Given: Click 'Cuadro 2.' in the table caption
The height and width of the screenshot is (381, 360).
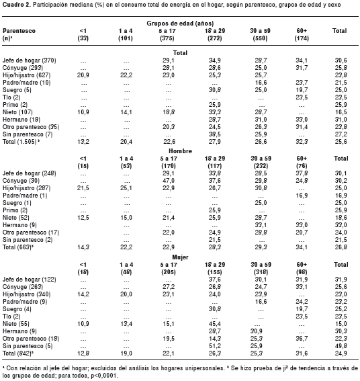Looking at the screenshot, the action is tap(17, 5).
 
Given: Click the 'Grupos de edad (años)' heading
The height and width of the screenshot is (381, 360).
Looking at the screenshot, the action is tap(180, 24).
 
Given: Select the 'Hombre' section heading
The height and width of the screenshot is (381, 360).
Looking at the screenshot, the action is tap(180, 151).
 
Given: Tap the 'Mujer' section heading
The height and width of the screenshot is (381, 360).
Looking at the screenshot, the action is tap(180, 257).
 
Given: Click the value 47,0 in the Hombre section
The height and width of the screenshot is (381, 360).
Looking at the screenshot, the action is tap(169, 181).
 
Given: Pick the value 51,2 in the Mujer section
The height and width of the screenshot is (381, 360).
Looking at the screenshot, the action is tap(214, 346).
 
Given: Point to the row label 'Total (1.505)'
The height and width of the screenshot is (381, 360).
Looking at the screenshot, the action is tap(19, 141).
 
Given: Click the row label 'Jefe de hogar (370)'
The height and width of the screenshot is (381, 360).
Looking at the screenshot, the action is tap(29, 60).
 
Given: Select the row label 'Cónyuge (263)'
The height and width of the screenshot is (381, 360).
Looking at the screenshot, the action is tap(23, 287).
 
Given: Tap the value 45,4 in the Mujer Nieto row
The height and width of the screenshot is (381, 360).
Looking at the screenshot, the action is tap(214, 324).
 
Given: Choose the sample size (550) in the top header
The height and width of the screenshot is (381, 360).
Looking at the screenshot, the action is tap(260, 38).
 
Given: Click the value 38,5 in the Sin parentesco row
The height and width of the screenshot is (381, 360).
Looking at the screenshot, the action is tap(214, 134).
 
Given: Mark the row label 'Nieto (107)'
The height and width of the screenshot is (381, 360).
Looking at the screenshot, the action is tap(17, 112).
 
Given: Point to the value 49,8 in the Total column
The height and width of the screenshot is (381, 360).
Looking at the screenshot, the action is tap(341, 346).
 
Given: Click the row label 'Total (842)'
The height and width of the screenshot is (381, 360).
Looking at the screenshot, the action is tap(17, 353).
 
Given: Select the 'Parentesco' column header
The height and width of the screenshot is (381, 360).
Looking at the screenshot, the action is tap(19, 31).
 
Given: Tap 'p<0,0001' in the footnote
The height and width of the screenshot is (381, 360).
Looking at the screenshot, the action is tap(104, 376).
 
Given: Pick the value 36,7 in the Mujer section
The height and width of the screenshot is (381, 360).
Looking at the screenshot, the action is tap(302, 339).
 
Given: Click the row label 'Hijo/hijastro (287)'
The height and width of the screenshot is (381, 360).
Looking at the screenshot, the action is tap(26, 188).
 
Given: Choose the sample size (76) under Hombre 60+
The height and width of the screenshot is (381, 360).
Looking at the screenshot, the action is tap(302, 166).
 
